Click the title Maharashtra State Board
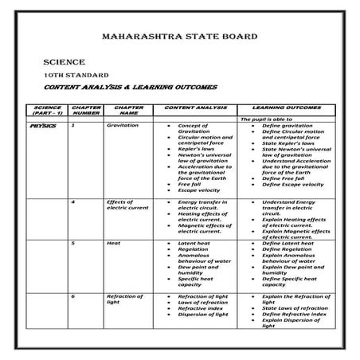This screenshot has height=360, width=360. pos(180,37)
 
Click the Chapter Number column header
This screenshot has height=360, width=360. pos(86,109)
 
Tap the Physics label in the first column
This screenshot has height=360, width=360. pos(43,126)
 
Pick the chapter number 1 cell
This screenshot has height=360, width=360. pos(73,126)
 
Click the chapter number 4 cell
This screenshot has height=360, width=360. pos(73,202)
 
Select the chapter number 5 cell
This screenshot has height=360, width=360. pos(73,242)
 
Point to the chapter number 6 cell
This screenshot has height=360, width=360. pos(73,296)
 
